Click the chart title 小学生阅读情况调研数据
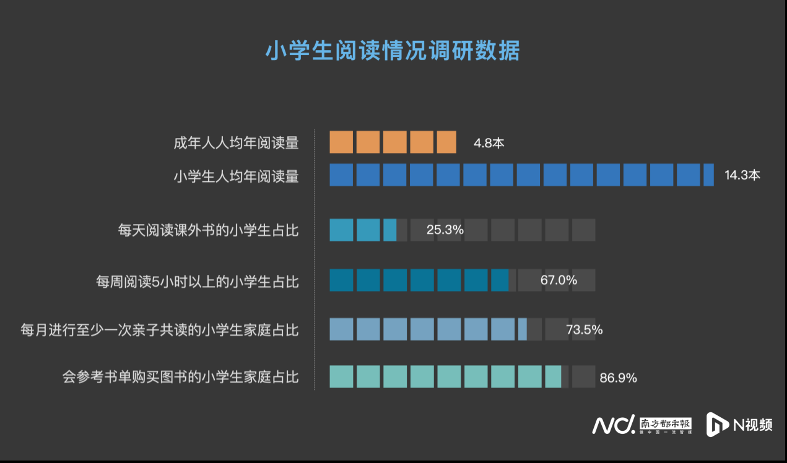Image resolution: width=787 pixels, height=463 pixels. [x=393, y=51]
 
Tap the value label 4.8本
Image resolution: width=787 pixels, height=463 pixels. [x=489, y=143]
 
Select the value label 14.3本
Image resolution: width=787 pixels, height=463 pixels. [x=742, y=175]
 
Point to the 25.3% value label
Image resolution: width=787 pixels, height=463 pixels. [x=445, y=230]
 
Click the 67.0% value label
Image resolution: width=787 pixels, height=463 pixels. [x=559, y=280]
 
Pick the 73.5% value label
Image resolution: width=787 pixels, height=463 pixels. [x=584, y=329]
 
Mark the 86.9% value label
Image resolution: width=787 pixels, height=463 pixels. [x=618, y=378]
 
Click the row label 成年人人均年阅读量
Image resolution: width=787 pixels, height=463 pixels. [x=236, y=144]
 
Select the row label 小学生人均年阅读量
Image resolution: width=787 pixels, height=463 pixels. [x=236, y=177]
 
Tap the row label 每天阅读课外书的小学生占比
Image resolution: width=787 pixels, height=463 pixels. [x=208, y=231]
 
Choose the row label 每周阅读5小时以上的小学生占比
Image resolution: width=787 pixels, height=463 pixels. [x=197, y=282]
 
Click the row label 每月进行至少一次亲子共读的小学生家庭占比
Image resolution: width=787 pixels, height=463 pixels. [x=159, y=330]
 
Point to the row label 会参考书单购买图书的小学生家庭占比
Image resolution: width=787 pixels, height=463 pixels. [x=180, y=376]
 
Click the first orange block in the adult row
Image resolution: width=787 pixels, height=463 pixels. [x=341, y=142]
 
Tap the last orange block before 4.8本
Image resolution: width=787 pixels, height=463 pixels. [x=446, y=142]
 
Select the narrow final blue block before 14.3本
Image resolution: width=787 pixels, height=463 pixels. [x=708, y=175]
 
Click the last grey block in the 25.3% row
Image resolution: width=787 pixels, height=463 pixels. [x=583, y=230]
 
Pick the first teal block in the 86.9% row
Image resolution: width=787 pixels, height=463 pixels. [x=341, y=377]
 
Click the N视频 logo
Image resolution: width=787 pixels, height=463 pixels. [x=740, y=425]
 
